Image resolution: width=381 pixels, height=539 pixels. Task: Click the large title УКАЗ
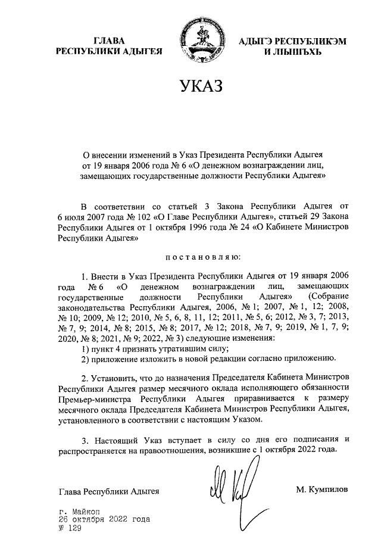pos(199,87)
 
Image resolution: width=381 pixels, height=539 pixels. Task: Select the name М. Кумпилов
pos(322,490)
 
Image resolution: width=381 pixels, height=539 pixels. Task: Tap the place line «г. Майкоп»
pos(80,512)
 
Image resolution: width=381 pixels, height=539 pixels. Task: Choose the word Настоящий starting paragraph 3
pos(118,440)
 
